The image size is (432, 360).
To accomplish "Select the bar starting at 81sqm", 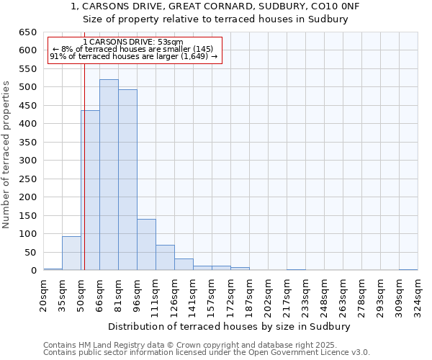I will (127, 180).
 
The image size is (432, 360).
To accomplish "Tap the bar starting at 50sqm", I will (90, 191).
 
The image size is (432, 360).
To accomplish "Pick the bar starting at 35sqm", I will (71, 253).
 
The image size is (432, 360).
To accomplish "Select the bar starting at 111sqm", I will (165, 258).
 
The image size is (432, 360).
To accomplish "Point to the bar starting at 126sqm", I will (184, 264).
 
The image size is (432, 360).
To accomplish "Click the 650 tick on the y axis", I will (27, 32).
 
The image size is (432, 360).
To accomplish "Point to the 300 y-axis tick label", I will (27, 161).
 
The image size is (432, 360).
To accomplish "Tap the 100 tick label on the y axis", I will (27, 234).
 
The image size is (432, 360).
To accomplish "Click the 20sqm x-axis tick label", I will (43, 294).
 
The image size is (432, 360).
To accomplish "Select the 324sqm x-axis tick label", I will (418, 294).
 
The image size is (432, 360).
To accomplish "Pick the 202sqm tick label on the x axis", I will (268, 294).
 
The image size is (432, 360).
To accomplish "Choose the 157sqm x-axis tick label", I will (212, 294).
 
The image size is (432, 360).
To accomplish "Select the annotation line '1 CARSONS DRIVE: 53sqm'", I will (133, 42).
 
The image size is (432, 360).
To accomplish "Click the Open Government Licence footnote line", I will (207, 353).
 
